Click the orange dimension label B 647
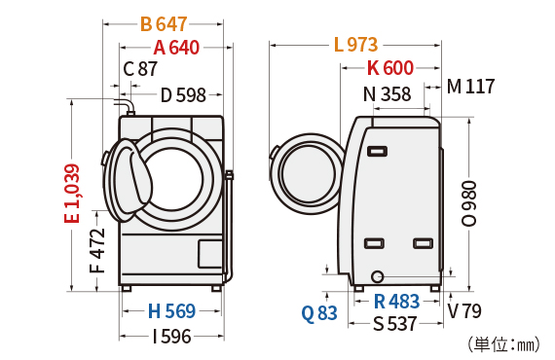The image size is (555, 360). [164, 24]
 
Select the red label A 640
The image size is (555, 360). [176, 48]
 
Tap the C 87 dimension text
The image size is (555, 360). [140, 69]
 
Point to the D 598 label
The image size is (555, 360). [183, 94]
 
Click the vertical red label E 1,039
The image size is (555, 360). [72, 194]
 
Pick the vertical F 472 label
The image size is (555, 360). [97, 250]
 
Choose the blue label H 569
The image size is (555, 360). [171, 311]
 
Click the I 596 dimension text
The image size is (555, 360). [172, 337]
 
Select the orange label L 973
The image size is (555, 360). [356, 45]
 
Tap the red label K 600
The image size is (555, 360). [390, 67]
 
